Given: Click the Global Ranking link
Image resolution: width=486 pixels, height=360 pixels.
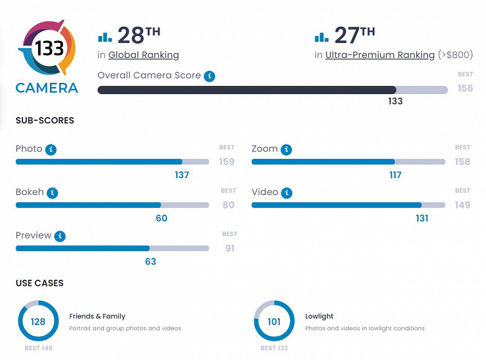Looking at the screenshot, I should (x=143, y=55).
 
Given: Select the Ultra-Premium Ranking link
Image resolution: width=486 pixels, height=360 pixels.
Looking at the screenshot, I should (x=380, y=55).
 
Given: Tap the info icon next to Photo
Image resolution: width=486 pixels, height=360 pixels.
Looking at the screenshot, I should (x=52, y=149).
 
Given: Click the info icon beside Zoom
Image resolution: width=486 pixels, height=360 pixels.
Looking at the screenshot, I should (x=286, y=149).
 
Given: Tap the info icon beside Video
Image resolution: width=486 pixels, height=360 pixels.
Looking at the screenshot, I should (x=287, y=192).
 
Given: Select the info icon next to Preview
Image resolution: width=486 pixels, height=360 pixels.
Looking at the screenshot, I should (x=60, y=236).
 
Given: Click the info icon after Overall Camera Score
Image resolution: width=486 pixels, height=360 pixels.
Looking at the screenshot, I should (x=210, y=76).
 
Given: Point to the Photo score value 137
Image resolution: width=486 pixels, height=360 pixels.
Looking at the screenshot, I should (x=182, y=175).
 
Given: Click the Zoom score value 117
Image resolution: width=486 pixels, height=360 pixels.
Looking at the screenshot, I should (x=395, y=175).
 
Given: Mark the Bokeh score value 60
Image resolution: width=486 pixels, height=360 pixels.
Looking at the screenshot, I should (x=161, y=218).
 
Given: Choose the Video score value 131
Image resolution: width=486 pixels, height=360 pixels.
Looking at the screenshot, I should (x=422, y=218).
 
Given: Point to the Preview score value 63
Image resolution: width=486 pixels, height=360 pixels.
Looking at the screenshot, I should (x=150, y=262).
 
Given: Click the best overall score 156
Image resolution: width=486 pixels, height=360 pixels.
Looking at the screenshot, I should (x=465, y=88).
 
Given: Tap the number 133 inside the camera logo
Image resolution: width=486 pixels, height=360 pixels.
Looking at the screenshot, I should (x=49, y=49).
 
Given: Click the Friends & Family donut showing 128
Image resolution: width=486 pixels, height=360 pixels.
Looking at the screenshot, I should (x=39, y=322).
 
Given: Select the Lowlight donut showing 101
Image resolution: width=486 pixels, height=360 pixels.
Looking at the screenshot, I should (x=274, y=322).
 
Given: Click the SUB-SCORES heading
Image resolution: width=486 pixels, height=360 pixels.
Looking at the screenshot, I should (x=45, y=120).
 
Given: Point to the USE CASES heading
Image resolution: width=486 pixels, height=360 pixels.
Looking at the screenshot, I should (x=39, y=283).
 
